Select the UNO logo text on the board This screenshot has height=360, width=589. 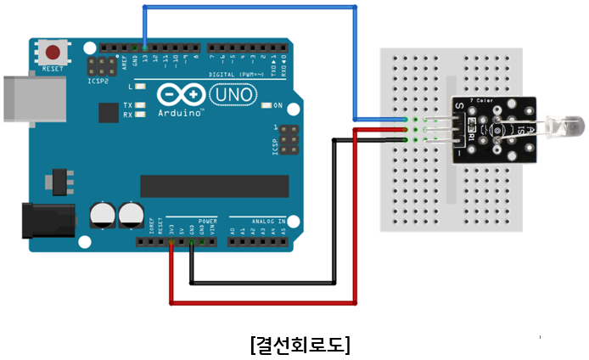(x=232, y=95)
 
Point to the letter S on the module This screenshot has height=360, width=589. (x=459, y=107)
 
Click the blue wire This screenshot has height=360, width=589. (x=250, y=7)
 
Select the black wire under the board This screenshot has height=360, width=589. (x=263, y=281)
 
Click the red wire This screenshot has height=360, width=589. (x=263, y=301)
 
